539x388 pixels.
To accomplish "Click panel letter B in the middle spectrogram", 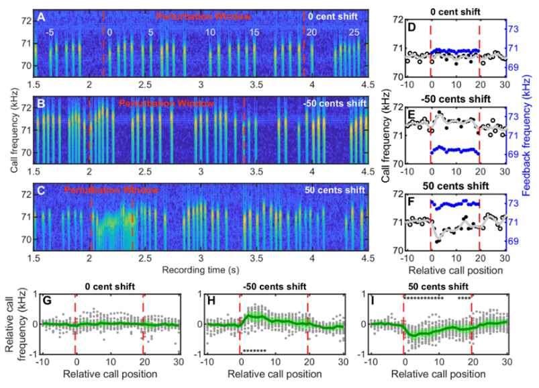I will (42, 104).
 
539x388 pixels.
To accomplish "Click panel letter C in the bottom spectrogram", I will (42, 191).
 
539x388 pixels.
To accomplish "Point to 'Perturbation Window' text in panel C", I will (113, 191).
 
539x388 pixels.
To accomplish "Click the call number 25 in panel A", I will (354, 32).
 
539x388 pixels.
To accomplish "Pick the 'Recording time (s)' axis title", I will (201, 269).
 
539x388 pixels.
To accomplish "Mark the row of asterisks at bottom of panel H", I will (254, 351).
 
